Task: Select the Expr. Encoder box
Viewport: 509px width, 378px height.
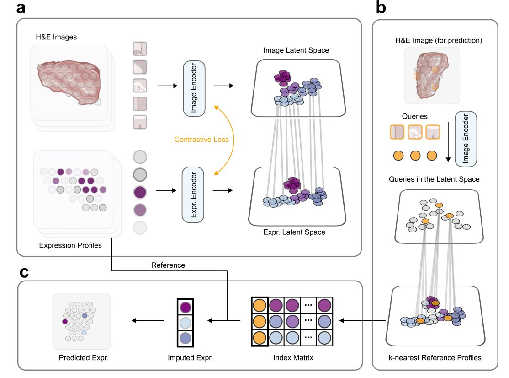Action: point(195,195)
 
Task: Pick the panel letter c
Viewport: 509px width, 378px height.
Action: point(26,273)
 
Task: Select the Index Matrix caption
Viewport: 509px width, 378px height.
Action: point(292,357)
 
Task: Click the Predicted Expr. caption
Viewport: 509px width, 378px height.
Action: point(83,357)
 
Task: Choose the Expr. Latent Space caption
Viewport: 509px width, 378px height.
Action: point(294,232)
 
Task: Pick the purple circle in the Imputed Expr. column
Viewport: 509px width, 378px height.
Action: point(186,307)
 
